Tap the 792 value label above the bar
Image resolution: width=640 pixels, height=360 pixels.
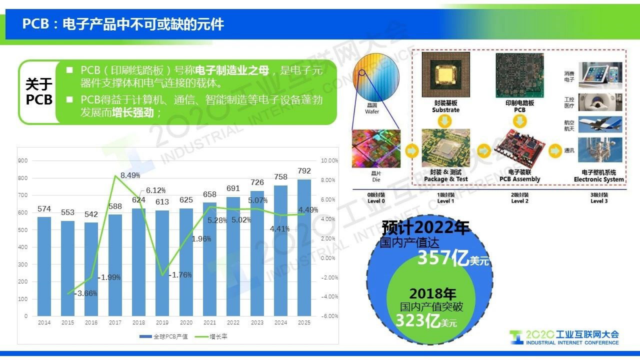click(304, 171)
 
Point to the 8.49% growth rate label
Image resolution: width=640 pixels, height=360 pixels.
click(130, 176)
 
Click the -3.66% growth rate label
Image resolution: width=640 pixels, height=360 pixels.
click(86, 293)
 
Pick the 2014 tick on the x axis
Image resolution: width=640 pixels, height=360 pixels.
click(44, 322)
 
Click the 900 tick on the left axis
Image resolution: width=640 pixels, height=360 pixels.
click(23, 161)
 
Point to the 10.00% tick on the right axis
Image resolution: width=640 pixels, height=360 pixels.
click(329, 161)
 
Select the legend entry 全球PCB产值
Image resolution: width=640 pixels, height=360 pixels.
click(164, 337)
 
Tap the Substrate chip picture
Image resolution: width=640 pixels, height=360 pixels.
click(446, 75)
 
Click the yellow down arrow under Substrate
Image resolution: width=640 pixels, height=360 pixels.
click(445, 121)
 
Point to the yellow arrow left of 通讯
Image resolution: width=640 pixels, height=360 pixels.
click(555, 151)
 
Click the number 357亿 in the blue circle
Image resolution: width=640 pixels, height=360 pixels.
click(442, 258)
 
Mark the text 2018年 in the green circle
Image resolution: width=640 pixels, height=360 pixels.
click(432, 293)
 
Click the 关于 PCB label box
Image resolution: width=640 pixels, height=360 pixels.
click(39, 92)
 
